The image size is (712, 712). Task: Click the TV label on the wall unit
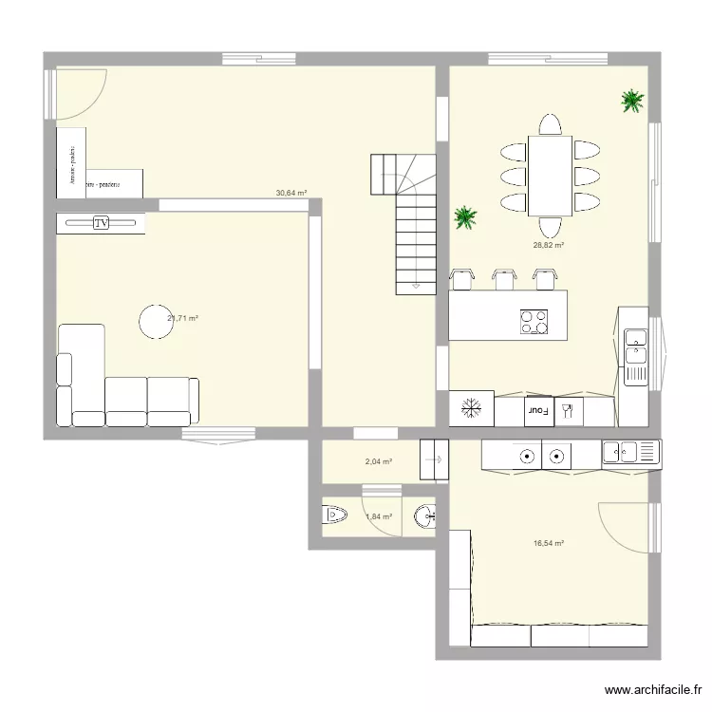coord(102,223)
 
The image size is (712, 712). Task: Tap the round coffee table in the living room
coord(155,321)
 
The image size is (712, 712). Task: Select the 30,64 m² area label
coord(291,193)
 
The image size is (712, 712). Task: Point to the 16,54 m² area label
coord(549,544)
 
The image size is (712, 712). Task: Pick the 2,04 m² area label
coord(379,462)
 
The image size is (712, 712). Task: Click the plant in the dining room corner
coord(631,100)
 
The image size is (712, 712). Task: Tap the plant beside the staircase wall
coord(465,217)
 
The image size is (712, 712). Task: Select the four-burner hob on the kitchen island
coord(534,322)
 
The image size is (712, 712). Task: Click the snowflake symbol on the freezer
coord(472,410)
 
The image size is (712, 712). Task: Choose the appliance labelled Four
coord(540,411)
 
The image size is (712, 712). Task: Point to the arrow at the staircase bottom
coord(416,285)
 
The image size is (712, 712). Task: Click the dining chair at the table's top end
coord(550,126)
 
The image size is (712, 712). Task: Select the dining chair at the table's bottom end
coord(550,227)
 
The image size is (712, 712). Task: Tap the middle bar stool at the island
coord(503,277)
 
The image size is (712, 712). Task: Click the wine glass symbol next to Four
coord(568,410)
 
